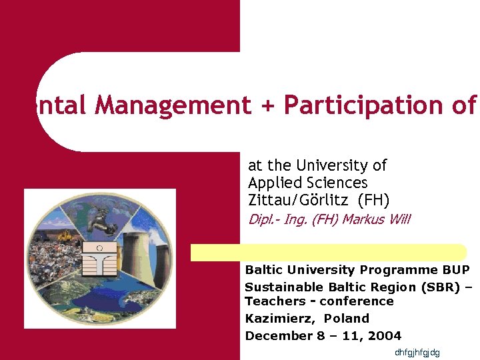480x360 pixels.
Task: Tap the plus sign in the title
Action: (x=267, y=105)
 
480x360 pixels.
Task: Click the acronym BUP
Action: (x=456, y=270)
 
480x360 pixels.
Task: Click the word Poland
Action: (x=347, y=319)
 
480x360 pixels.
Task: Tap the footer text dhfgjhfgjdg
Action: (x=417, y=352)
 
